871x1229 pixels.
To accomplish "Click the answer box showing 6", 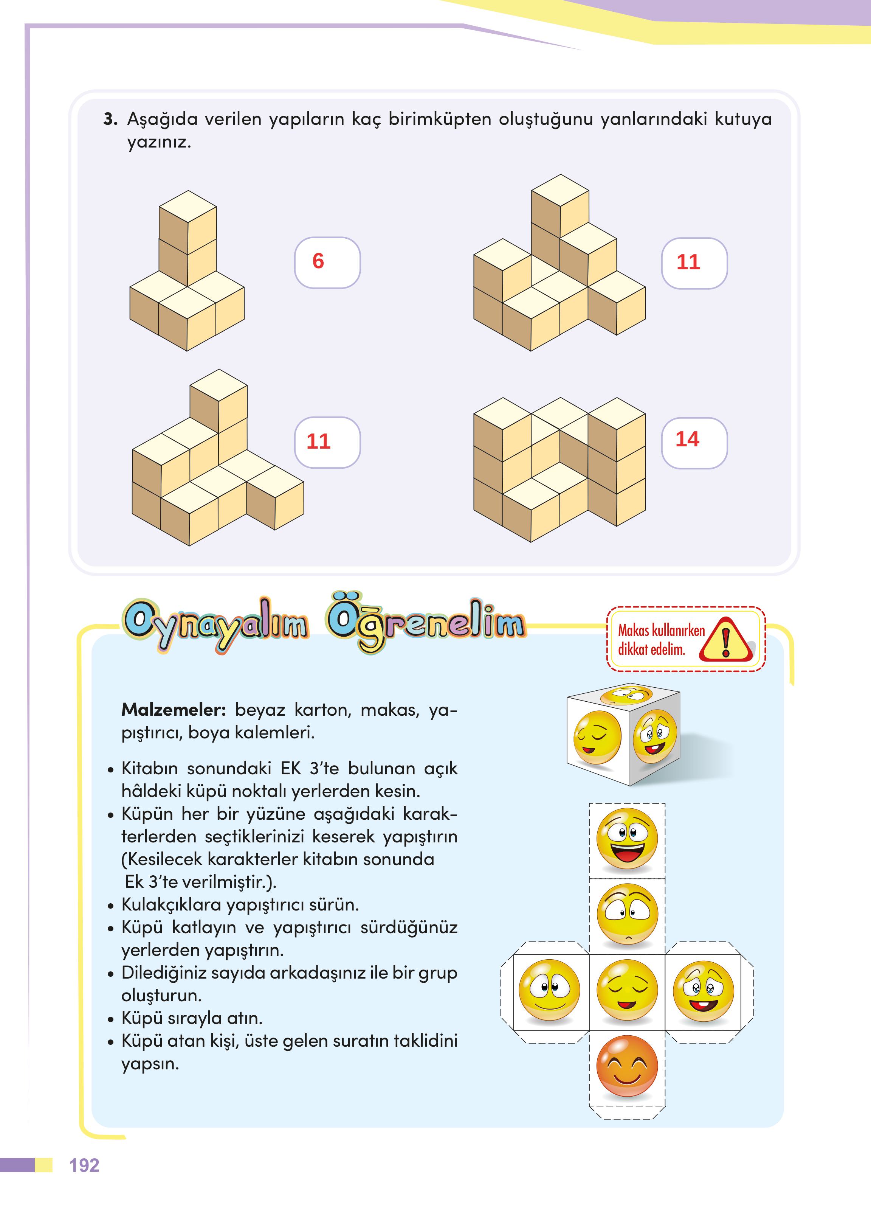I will pos(327,263).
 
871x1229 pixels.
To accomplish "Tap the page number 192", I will pos(84,1165).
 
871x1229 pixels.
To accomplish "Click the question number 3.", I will pos(110,119).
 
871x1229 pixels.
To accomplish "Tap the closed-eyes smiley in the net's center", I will pos(626,990).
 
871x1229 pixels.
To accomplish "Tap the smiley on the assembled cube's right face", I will pos(654,736).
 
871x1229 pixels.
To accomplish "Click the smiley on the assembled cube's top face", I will pos(625,696).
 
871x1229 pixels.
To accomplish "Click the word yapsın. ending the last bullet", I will pos(150,1064).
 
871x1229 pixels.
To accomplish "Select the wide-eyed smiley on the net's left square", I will pos(550,990).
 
